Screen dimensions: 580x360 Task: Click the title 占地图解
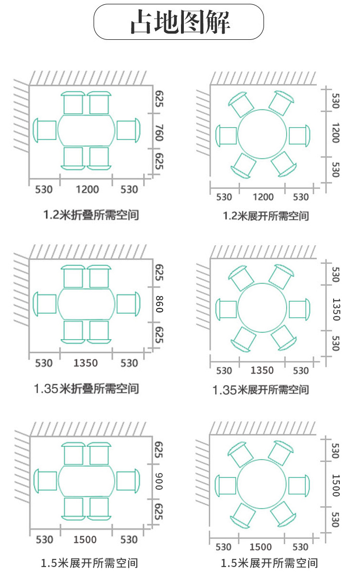click(180, 22)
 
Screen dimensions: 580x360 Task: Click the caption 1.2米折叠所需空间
click(91, 214)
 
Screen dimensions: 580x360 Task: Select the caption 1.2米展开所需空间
click(266, 216)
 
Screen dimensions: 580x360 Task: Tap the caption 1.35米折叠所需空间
click(86, 388)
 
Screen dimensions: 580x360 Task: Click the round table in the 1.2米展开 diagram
click(262, 135)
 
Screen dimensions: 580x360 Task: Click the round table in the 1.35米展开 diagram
click(262, 308)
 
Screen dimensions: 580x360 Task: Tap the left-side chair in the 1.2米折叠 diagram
click(45, 130)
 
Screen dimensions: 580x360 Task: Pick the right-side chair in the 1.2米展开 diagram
click(299, 136)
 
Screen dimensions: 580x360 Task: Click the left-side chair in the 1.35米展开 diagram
click(226, 309)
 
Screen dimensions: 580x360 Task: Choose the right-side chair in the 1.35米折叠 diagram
click(128, 304)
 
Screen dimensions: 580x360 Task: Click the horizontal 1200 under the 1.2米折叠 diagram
click(87, 189)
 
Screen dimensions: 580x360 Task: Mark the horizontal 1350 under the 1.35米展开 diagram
click(262, 370)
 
